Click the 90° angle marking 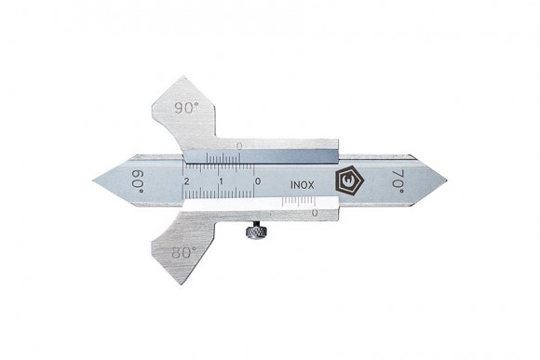click(x=186, y=108)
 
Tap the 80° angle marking click(x=183, y=253)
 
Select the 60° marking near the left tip click(x=138, y=181)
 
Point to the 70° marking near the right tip click(x=398, y=181)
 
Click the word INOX click(x=303, y=185)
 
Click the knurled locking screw click(x=255, y=230)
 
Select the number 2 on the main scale click(x=186, y=181)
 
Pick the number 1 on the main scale click(x=222, y=181)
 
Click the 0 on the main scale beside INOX click(x=258, y=181)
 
